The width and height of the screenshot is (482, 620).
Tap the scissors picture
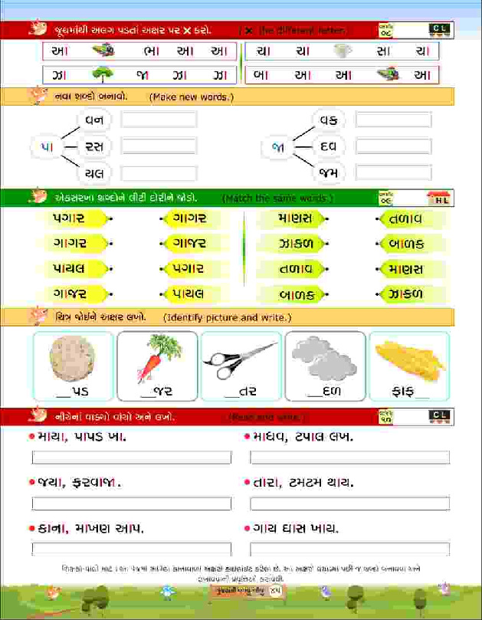pos(241,359)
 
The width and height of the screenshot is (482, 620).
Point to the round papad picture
pos(72,359)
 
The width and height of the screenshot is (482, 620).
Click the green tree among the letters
pos(101,75)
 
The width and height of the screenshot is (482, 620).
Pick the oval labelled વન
pos(95,120)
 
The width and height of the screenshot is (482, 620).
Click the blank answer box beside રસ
pos(159,146)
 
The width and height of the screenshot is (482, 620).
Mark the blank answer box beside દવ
pos(393,146)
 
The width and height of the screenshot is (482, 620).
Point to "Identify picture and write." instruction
pos(227,317)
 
